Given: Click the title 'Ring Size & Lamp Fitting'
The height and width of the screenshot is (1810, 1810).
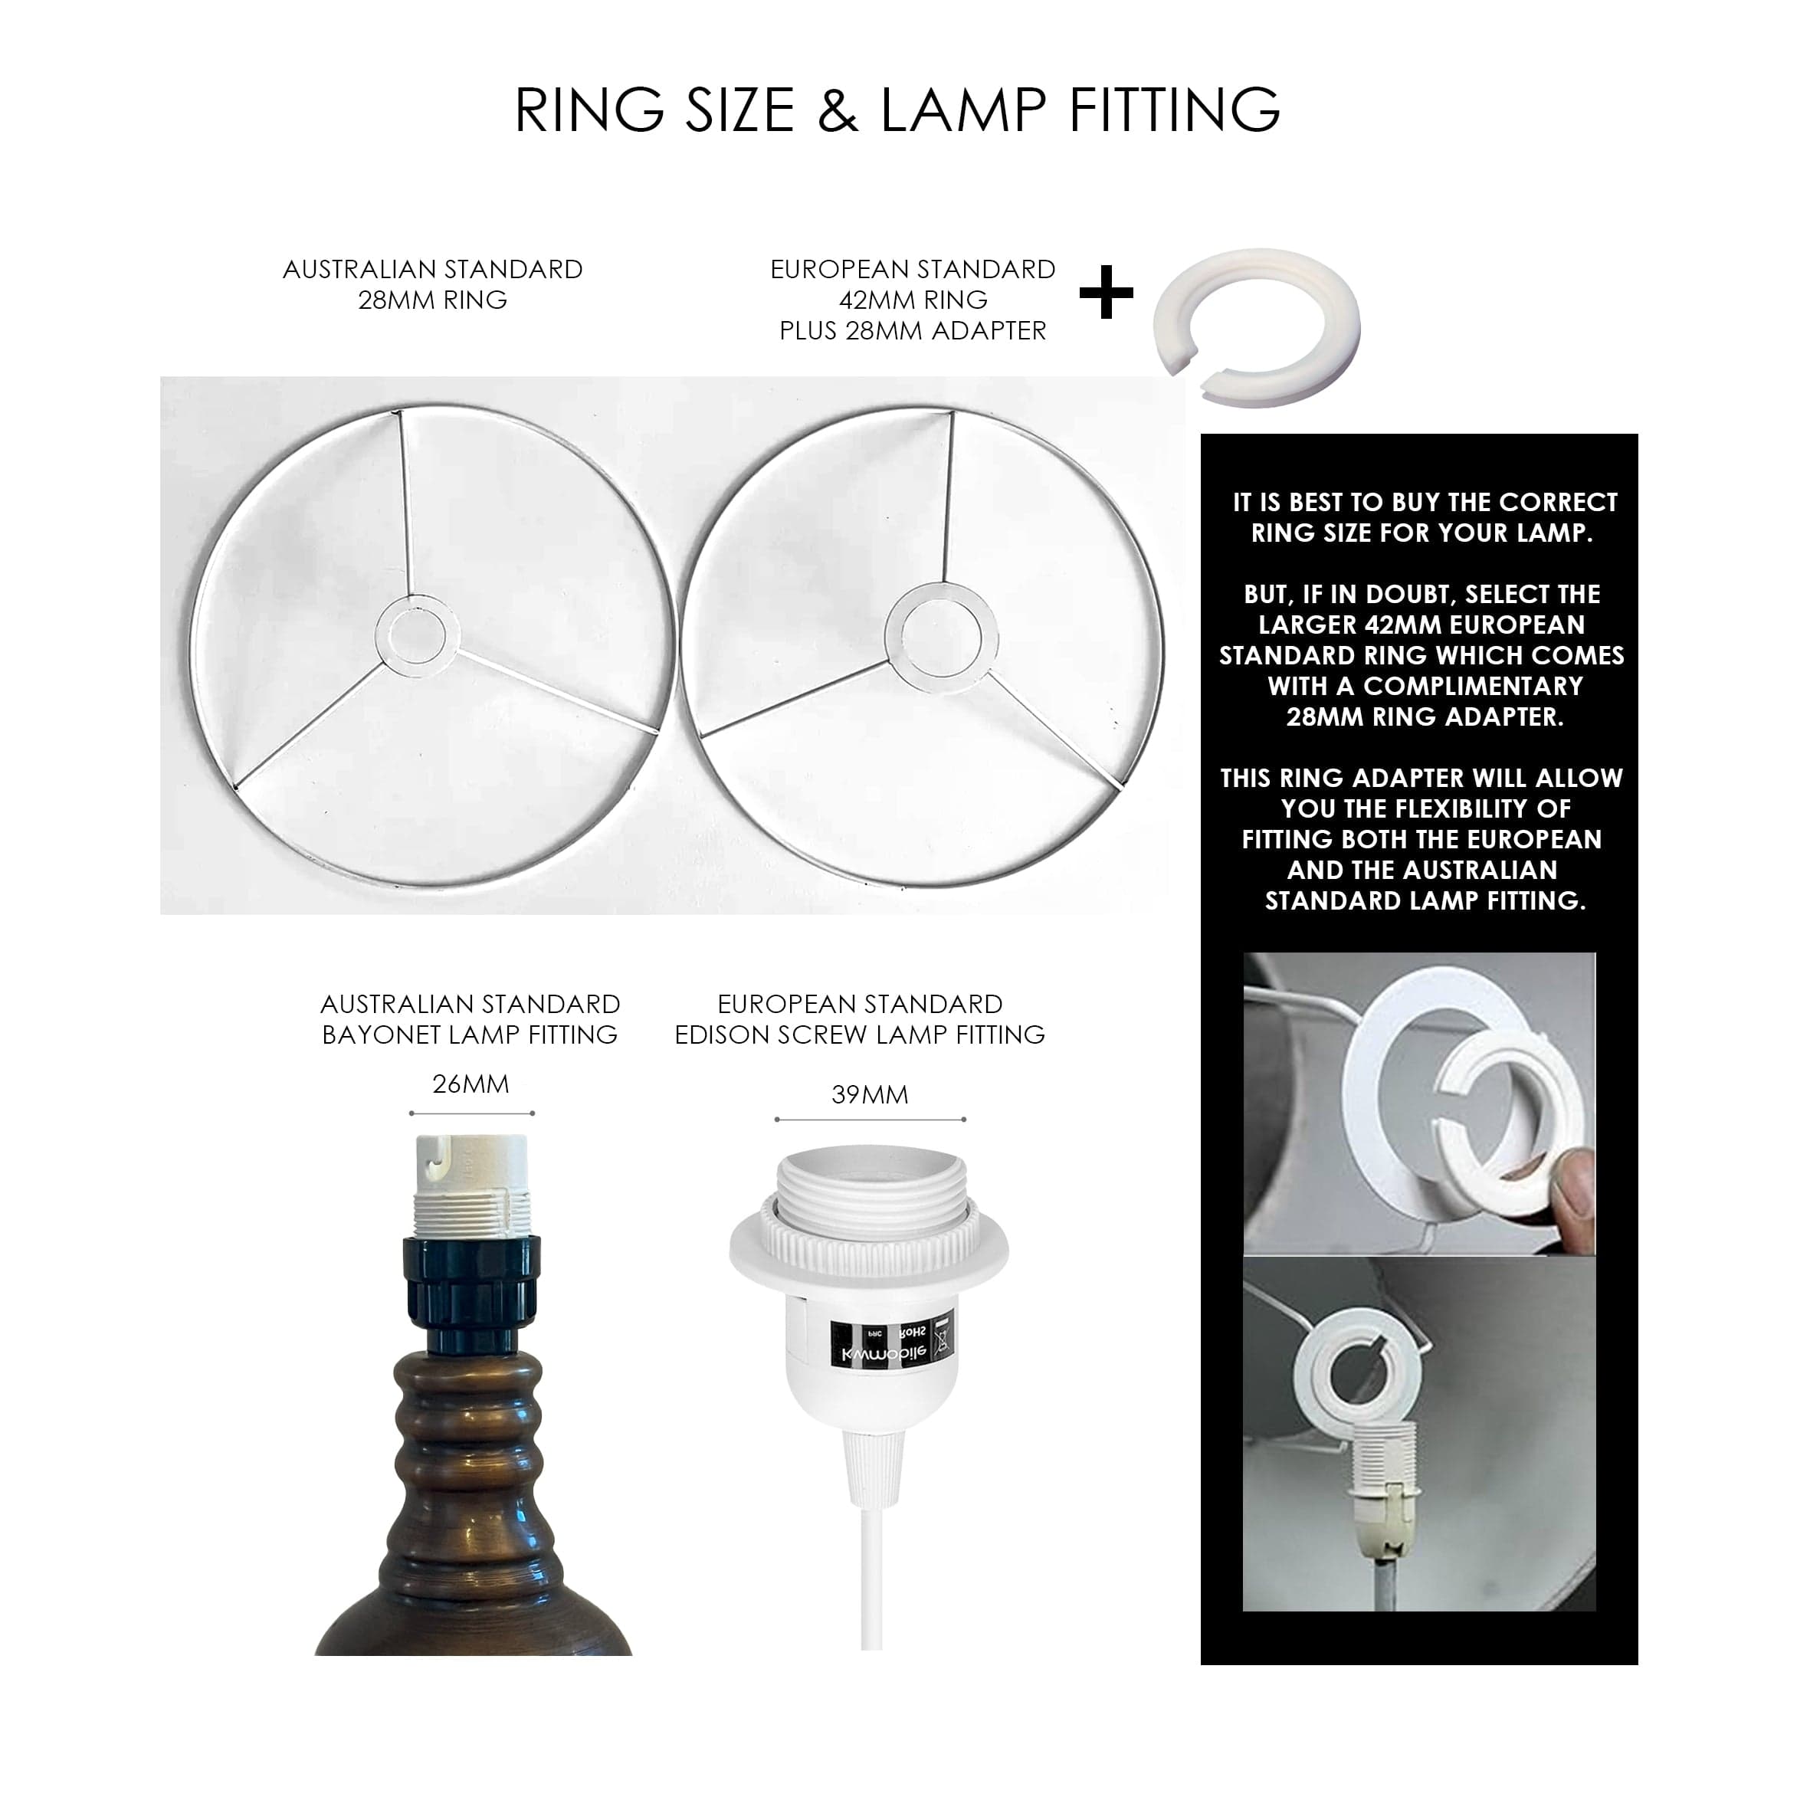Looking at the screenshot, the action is [x=897, y=110].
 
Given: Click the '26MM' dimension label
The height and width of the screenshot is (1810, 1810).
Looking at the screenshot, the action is [x=471, y=1084].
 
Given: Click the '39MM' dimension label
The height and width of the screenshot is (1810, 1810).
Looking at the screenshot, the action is [x=870, y=1094].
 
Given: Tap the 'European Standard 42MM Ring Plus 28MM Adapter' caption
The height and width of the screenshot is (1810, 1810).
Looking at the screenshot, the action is [x=913, y=300].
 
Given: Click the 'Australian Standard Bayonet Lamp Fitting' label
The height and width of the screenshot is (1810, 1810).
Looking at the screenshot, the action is [x=471, y=1018].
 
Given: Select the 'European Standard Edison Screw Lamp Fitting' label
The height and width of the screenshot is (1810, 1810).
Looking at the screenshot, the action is [x=860, y=1018].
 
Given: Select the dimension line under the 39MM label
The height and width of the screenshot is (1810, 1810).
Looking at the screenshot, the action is [x=871, y=1120].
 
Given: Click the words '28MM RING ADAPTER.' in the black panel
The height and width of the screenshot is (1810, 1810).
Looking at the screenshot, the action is [x=1424, y=717].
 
